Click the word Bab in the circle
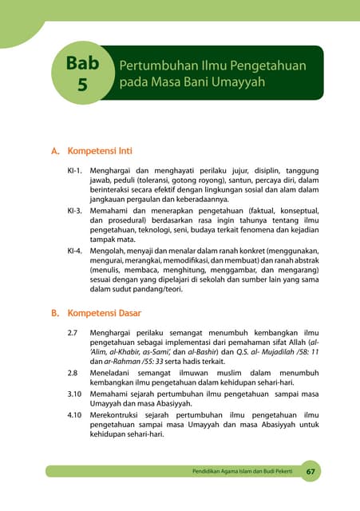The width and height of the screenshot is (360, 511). pyautogui.click(x=83, y=64)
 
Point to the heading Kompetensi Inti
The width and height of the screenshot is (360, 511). pyautogui.click(x=100, y=150)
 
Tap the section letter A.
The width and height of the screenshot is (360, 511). pyautogui.click(x=55, y=150)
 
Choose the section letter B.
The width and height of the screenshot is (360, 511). pyautogui.click(x=55, y=313)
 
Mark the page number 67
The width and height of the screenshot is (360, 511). pyautogui.click(x=311, y=472)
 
